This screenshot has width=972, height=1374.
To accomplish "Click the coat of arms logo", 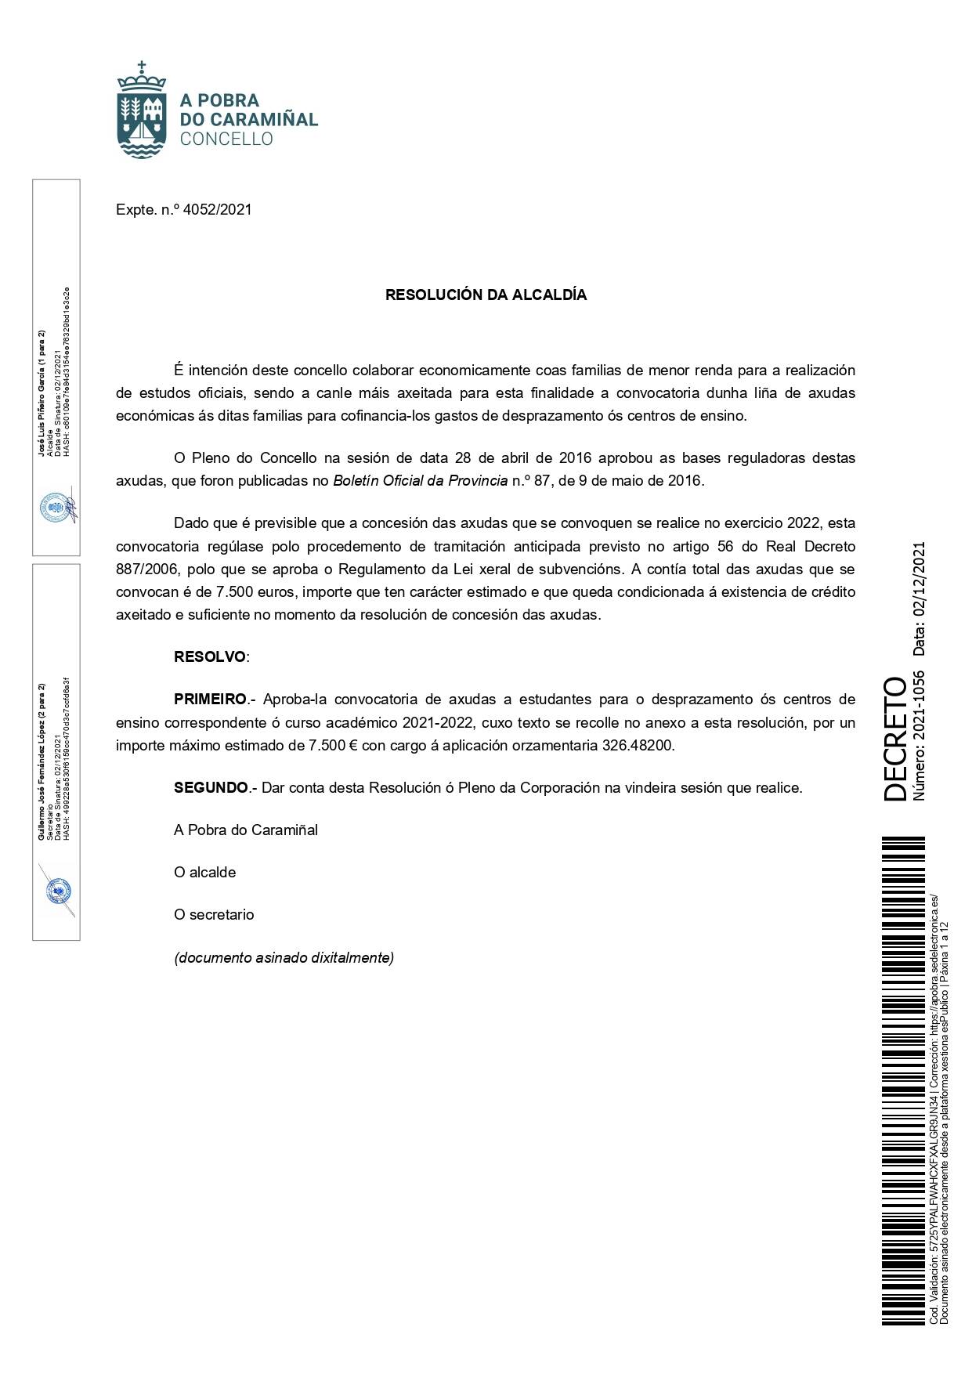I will (141, 110).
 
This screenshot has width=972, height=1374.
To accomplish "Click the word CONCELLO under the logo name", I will (226, 139).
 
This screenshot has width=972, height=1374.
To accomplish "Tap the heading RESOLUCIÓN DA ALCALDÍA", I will (486, 295).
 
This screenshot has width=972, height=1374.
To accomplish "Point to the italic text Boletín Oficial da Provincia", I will (421, 480).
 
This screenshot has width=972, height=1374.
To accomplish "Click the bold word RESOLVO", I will (209, 656).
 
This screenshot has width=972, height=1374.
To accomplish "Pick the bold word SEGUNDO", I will (211, 787).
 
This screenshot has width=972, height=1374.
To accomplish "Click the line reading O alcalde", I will (204, 872).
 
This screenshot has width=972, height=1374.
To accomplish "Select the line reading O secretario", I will (214, 914).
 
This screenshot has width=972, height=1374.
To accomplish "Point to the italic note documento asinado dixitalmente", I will (284, 957).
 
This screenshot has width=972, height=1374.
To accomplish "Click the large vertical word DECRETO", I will (894, 739).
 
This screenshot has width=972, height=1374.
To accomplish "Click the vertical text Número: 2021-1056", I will (920, 735).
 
